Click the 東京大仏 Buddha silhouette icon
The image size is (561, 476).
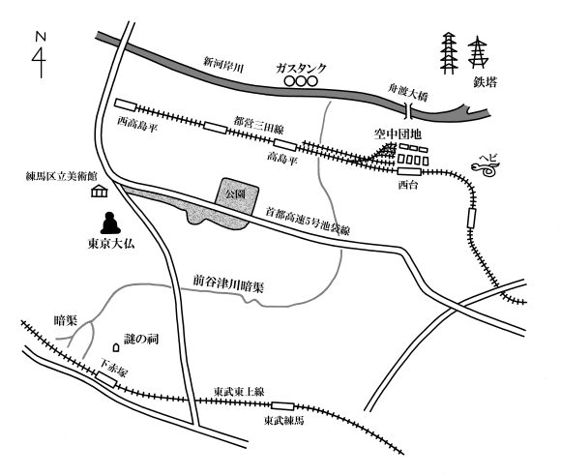pos(110,223)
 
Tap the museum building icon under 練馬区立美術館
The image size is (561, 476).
pos(100,192)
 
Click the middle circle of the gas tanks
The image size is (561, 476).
pos(301,81)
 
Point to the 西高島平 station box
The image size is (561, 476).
pos(126,104)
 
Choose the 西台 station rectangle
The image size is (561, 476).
pos(409,171)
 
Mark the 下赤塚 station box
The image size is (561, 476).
pos(105,379)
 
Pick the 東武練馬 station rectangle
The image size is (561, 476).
pos(282,406)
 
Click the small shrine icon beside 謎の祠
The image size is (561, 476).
pos(115,347)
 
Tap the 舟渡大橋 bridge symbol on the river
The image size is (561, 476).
pos(409,110)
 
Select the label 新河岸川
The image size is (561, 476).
pos(223,64)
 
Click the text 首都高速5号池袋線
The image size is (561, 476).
pos(307,222)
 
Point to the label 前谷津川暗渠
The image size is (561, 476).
pos(228,283)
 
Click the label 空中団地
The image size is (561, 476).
pos(398,134)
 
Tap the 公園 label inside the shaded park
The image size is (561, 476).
pos(235,194)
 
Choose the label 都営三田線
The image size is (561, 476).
pos(258,125)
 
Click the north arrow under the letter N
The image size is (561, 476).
pos(41,61)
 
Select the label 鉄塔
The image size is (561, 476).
pos(486,82)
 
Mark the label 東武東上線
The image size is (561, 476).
pos(239,392)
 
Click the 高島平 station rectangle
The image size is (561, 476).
pos(285,144)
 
